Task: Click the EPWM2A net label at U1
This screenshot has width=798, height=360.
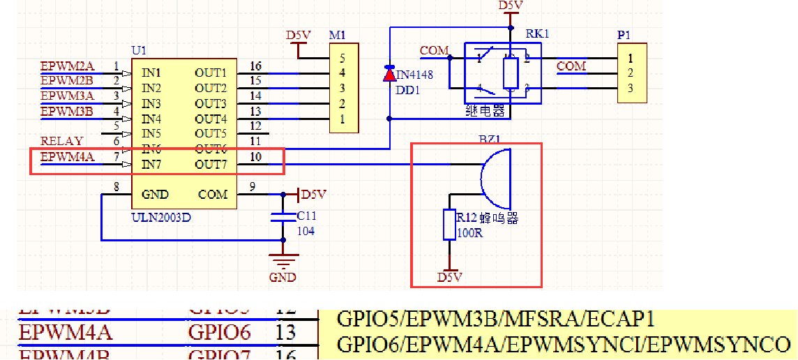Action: [67, 66]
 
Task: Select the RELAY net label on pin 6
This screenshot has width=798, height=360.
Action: [61, 141]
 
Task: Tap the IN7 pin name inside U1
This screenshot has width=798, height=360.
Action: [151, 165]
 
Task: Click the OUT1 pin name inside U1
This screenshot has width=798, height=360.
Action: [211, 73]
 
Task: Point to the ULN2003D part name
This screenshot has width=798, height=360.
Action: [161, 217]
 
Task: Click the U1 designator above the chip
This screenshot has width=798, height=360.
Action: [139, 50]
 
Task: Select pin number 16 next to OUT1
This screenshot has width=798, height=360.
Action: [255, 66]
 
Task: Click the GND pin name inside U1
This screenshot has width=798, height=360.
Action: [155, 194]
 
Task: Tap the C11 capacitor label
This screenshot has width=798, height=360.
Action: [306, 217]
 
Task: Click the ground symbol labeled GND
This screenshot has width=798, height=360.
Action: [282, 263]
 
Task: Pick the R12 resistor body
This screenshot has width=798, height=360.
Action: [449, 224]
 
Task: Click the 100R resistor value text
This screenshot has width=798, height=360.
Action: [469, 232]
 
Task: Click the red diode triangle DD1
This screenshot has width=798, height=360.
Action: [389, 74]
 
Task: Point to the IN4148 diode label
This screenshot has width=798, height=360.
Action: [414, 75]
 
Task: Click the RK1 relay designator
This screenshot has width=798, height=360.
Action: [537, 33]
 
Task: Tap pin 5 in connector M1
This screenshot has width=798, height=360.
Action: [342, 58]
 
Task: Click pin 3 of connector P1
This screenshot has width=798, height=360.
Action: [630, 88]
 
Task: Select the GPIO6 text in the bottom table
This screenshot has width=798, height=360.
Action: [219, 332]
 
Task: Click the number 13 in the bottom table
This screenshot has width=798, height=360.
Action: [286, 332]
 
